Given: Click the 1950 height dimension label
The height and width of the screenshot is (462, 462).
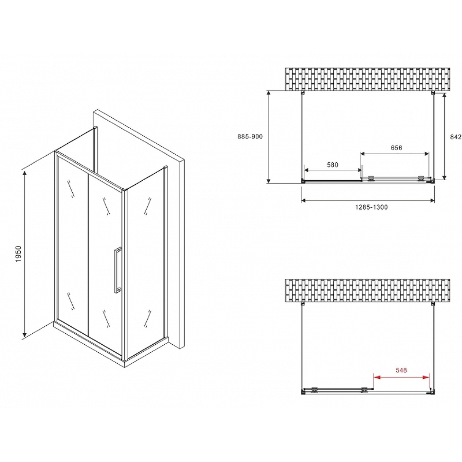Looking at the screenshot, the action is point(18,254).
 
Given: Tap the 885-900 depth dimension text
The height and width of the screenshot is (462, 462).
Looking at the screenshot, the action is point(250,137).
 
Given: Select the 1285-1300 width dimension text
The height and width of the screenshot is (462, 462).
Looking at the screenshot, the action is point(371,207).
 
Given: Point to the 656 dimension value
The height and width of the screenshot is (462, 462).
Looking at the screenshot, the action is point(396,148).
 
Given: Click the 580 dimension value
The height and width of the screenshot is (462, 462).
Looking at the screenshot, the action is point(333,165).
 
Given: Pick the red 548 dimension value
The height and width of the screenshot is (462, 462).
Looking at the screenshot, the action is point(401,370).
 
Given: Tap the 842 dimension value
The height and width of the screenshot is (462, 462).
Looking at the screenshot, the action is point(456,137).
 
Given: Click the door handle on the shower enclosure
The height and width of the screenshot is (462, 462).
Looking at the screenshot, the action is point(118,270).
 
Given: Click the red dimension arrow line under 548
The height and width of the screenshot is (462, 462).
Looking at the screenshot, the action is point(401,377).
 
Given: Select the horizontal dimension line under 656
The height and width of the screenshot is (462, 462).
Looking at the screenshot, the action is point(394,154).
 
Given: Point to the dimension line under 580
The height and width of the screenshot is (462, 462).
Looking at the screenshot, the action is point(333,170).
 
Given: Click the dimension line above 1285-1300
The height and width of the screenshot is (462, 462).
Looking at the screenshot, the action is point(368,200).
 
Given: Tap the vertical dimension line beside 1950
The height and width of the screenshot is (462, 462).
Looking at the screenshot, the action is point(25,254).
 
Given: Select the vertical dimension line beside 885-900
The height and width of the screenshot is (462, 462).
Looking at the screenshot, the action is point(269,137).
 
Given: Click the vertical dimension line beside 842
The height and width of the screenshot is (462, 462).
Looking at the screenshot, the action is point(444,136).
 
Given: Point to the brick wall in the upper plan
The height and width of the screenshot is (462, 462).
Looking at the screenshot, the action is point(367,79).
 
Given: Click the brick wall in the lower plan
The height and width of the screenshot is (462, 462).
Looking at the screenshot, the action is point(367,290).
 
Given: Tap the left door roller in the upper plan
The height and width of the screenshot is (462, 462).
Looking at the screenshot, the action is point(371,178).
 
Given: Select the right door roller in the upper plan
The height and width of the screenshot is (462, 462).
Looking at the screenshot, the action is point(422,178).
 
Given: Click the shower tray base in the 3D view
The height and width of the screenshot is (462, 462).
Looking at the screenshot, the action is point(110,345).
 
